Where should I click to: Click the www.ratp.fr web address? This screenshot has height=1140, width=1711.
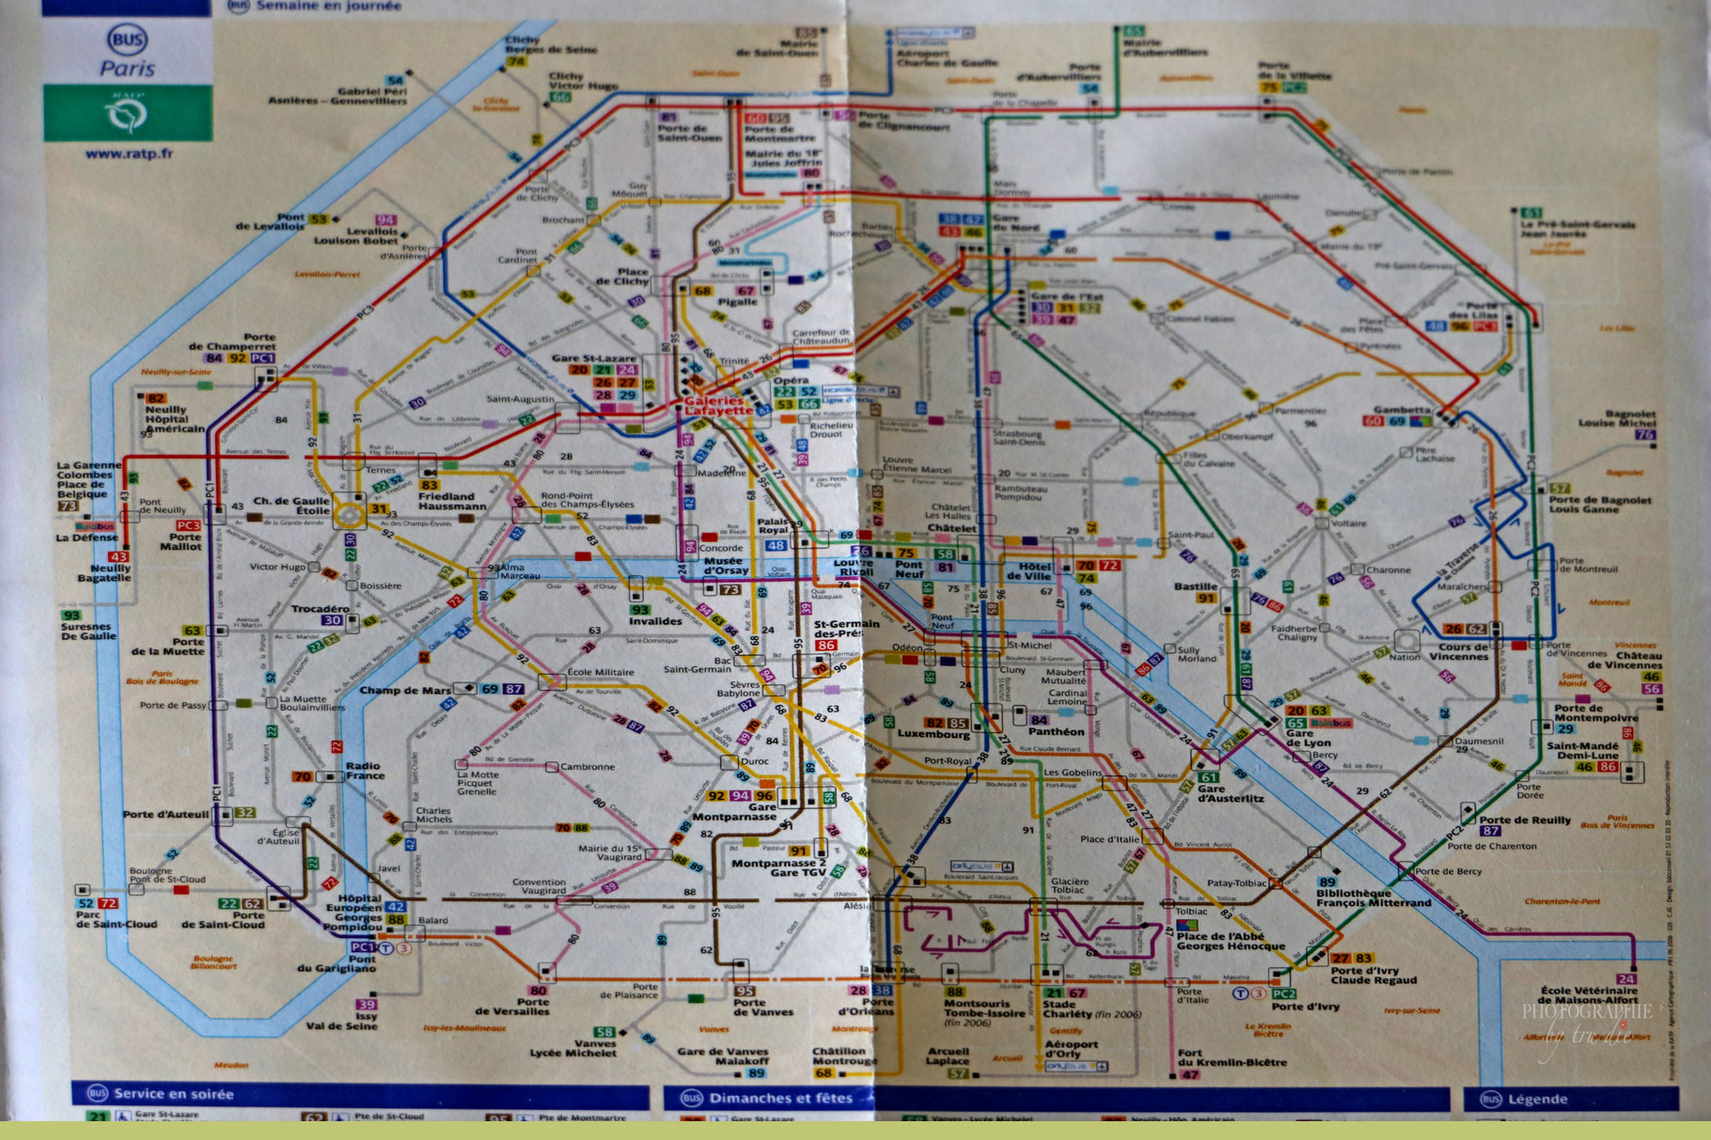129,154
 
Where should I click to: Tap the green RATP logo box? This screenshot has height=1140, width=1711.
127,114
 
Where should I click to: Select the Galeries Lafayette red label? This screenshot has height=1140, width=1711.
718,405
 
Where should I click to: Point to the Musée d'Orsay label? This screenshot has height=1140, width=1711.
726,565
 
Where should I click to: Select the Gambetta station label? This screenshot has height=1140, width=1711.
1402,410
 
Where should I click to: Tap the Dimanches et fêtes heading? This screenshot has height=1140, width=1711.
779,1098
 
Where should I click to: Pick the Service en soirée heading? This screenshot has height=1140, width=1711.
173,1094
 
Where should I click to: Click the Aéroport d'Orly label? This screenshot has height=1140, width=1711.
1072,1049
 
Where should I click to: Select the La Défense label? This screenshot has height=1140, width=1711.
86,538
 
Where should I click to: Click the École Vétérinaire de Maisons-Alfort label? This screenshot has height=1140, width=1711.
1588,995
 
